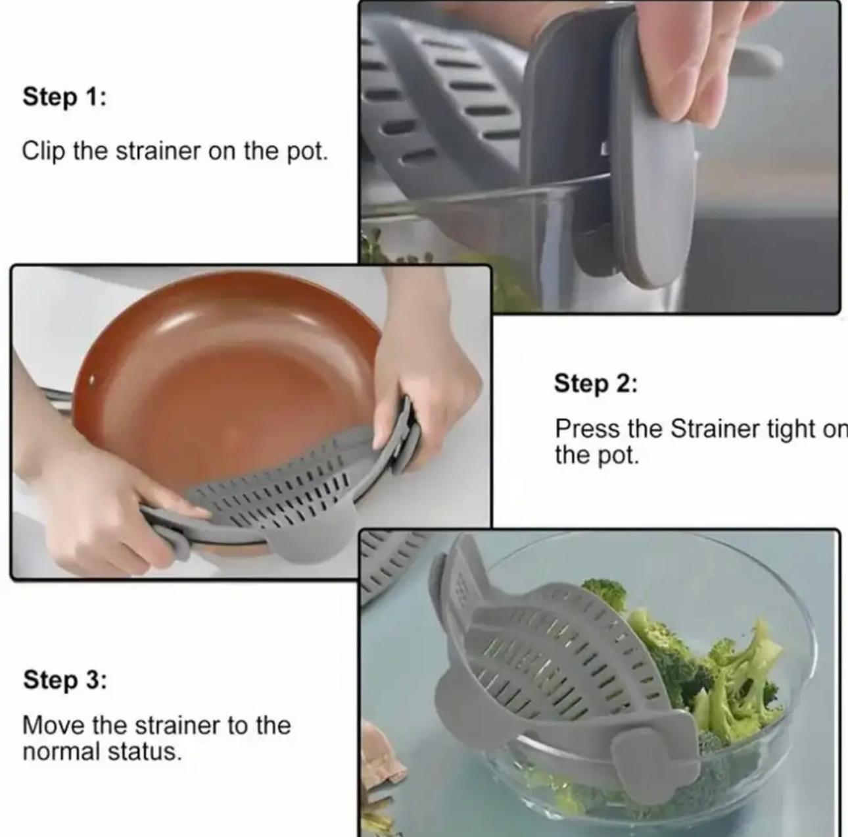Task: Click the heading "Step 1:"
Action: coord(64,97)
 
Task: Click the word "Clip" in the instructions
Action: coord(43,151)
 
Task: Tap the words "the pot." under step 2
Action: coord(597,456)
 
